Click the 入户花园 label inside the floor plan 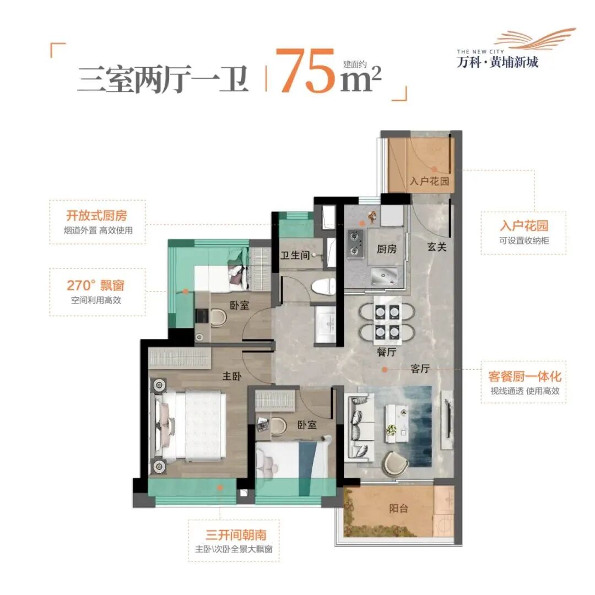click(x=429, y=181)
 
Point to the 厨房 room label click(x=386, y=249)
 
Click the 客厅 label click(x=420, y=369)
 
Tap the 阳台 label click(x=398, y=509)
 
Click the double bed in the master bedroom click(x=196, y=425)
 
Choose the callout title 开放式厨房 click(x=97, y=215)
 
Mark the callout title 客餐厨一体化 click(x=524, y=377)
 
